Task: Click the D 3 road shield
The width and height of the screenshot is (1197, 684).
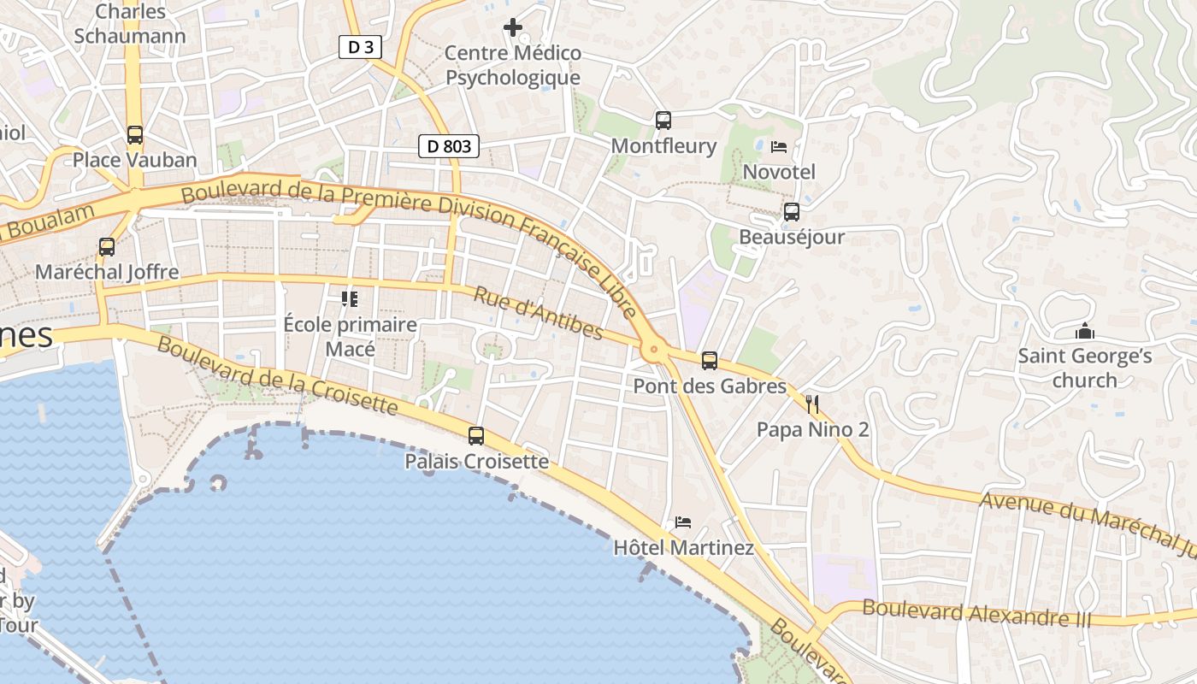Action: click(x=360, y=47)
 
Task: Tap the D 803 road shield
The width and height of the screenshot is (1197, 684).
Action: click(x=448, y=146)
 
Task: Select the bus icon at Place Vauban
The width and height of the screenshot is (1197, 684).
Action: click(x=135, y=135)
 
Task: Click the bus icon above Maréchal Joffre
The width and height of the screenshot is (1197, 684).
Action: click(x=107, y=247)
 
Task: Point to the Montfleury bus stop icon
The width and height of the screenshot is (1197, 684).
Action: click(x=663, y=121)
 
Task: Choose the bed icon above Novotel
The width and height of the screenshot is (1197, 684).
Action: click(x=778, y=147)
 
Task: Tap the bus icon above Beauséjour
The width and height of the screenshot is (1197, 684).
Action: click(x=792, y=212)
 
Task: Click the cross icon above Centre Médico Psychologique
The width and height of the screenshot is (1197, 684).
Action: click(x=513, y=28)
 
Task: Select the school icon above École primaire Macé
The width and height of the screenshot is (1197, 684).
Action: click(x=350, y=299)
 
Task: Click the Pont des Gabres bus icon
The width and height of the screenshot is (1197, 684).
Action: click(x=710, y=361)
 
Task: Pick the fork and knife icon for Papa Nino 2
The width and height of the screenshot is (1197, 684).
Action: click(x=812, y=404)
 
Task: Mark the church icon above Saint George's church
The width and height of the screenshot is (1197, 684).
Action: click(x=1085, y=331)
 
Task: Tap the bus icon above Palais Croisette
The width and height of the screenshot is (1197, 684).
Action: click(x=476, y=436)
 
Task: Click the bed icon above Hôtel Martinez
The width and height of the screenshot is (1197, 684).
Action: click(x=683, y=522)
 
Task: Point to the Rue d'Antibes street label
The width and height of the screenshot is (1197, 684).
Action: click(x=539, y=313)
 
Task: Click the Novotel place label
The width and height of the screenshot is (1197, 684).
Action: click(x=779, y=172)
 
